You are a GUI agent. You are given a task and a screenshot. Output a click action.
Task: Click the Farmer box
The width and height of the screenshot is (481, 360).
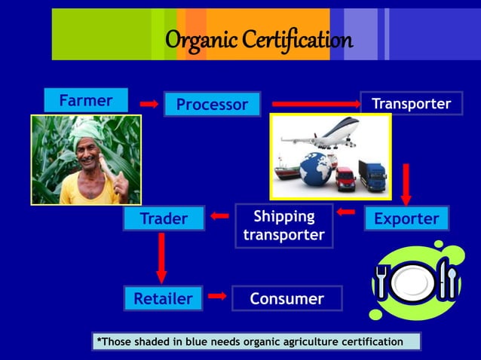86,100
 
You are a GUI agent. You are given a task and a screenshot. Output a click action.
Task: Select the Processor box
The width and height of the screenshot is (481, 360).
212,104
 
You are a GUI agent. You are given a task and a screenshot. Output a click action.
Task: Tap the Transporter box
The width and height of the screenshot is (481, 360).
411,103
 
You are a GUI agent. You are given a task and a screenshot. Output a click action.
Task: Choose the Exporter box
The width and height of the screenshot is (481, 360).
406,218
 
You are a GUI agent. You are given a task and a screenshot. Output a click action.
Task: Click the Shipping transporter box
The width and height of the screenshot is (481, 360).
283,225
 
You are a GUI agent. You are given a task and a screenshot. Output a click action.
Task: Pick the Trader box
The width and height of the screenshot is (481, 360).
164,218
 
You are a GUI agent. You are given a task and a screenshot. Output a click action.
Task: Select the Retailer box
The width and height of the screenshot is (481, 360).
163,298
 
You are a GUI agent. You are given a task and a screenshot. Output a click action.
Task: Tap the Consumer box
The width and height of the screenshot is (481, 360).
286,298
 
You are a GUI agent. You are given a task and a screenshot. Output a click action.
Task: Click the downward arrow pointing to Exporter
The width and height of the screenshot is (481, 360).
406,183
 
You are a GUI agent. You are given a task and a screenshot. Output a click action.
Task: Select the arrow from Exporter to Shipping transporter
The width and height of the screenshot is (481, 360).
345,212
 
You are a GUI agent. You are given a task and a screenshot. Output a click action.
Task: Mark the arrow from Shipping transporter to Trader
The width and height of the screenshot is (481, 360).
219,217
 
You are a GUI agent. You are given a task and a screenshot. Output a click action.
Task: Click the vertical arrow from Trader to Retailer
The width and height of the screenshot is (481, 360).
161,257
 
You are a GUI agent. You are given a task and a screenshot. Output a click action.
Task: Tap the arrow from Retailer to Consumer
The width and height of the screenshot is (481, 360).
217,296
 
